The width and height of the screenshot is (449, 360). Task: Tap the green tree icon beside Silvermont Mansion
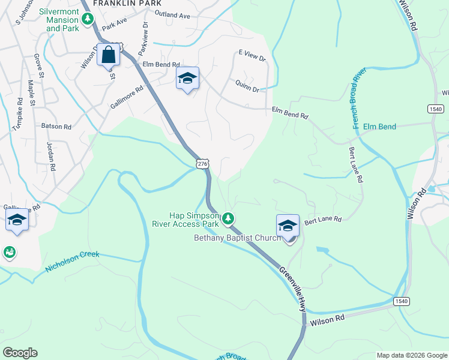pyautogui.click(x=88, y=19)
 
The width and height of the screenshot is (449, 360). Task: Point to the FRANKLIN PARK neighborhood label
pyautogui.click(x=127, y=3)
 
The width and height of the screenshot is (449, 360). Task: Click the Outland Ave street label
pyautogui.click(x=172, y=14)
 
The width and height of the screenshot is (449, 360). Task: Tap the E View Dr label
pyautogui.click(x=252, y=56)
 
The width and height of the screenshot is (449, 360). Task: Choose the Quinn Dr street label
pyautogui.click(x=247, y=86)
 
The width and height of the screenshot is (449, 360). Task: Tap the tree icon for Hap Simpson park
pyautogui.click(x=228, y=219)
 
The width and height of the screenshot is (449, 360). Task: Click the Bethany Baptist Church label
pyautogui.click(x=237, y=238)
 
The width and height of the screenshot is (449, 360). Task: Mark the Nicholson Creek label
pyautogui.click(x=73, y=262)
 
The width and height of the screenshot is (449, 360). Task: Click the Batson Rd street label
pyautogui.click(x=56, y=127)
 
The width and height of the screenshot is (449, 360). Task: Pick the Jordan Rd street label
pyautogui.click(x=51, y=156)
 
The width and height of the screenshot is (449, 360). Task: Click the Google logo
pyautogui.click(x=20, y=353)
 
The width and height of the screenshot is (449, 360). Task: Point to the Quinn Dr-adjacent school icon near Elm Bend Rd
pyautogui.click(x=187, y=78)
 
